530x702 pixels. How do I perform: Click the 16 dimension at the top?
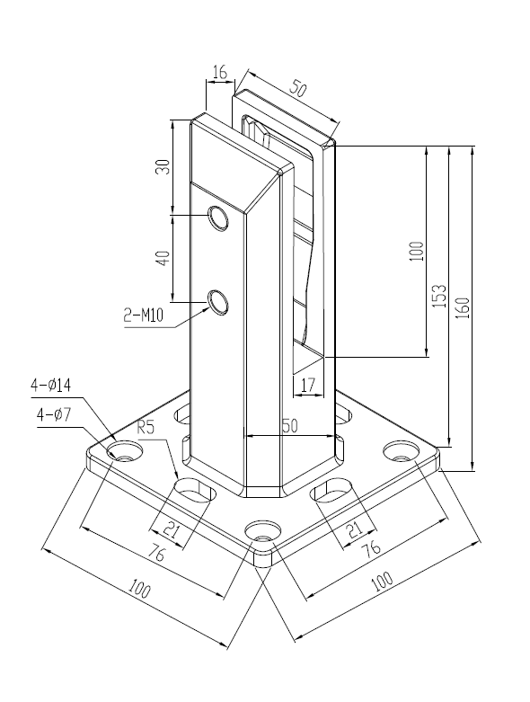point(219,70)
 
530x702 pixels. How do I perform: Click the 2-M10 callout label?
point(142,315)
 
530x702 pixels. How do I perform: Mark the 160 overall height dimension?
point(463,307)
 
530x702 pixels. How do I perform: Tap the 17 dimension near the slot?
point(307,386)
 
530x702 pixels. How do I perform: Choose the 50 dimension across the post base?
point(288,429)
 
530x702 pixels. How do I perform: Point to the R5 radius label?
point(146,428)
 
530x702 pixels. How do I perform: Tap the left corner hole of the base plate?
point(120,449)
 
